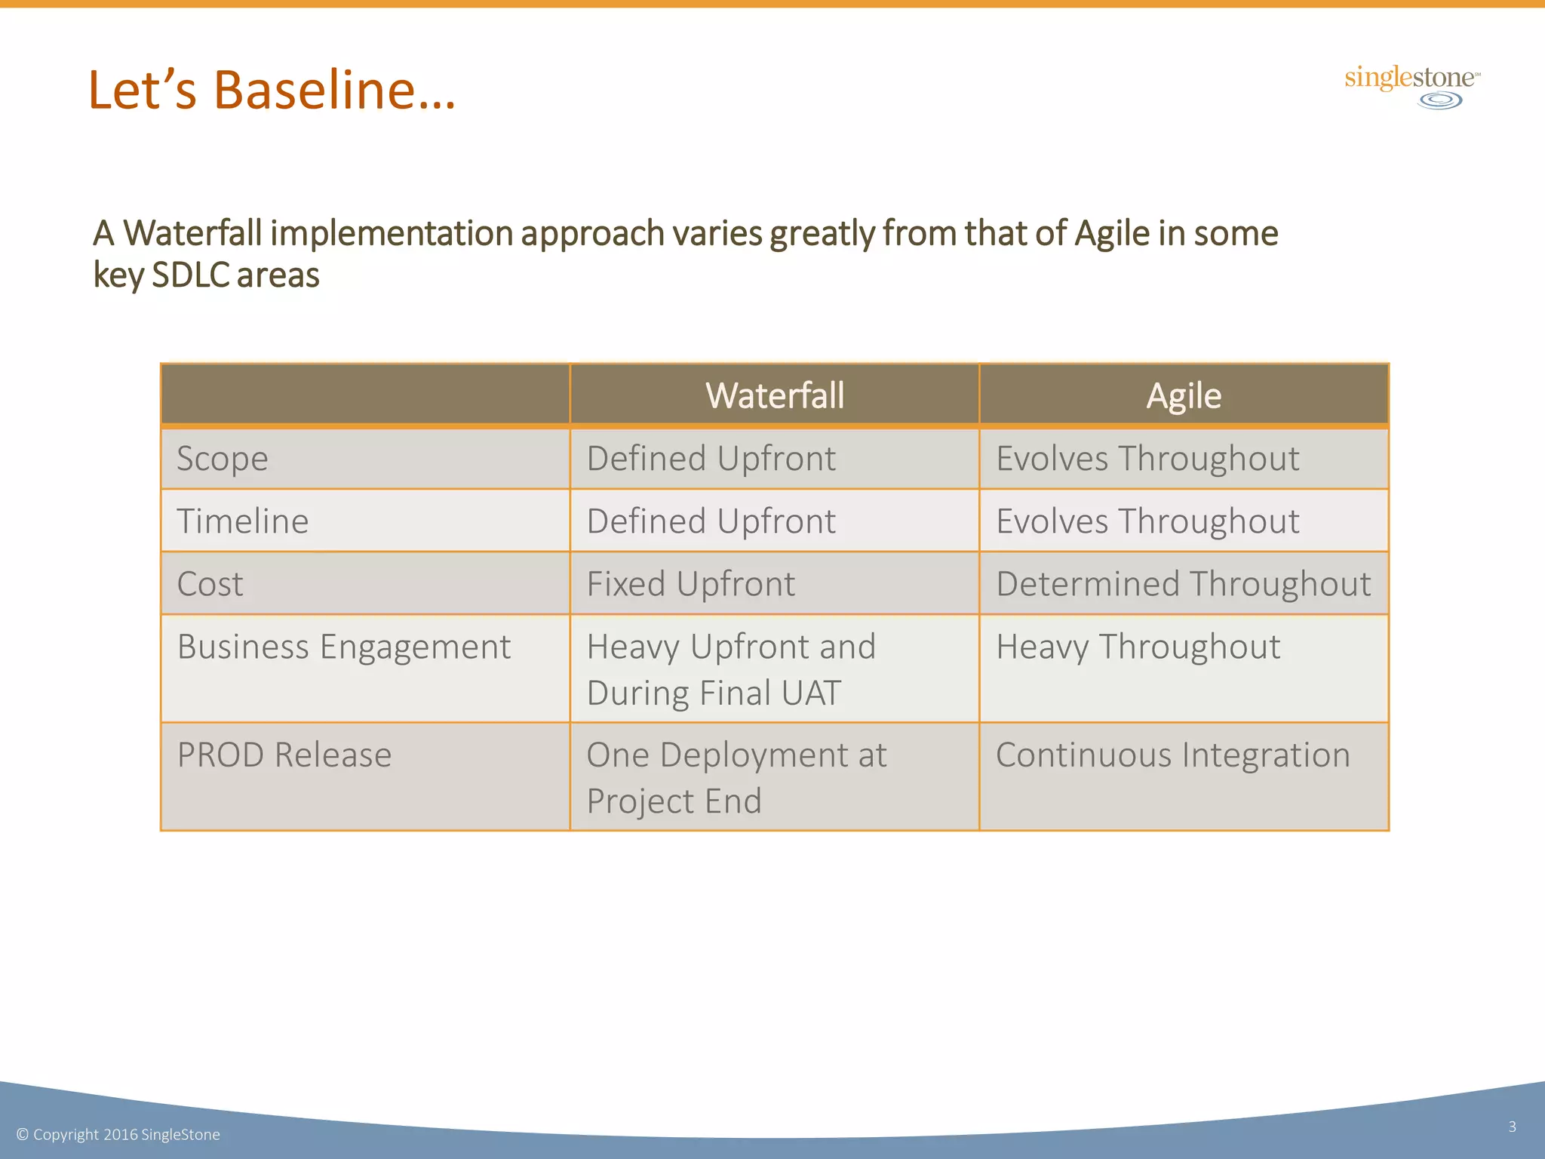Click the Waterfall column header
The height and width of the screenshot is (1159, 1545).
pos(775,395)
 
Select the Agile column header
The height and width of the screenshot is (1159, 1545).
pos(1184,395)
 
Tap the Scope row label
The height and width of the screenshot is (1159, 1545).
pos(223,459)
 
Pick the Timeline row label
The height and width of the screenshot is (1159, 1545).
pos(243,521)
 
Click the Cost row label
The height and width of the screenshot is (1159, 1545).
pos(210,584)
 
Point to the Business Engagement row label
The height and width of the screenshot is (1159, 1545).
pos(344,647)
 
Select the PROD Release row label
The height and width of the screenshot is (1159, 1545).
pos(284,755)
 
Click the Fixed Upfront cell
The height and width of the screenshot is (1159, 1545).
pos(691,584)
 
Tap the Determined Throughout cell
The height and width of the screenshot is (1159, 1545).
pos(1183,584)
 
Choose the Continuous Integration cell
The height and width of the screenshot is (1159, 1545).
pos(1172,755)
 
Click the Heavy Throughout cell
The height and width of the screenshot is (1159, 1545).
pos(1138,647)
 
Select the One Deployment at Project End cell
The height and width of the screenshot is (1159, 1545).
pos(736,777)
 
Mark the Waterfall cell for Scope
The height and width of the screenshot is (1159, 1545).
pos(711,459)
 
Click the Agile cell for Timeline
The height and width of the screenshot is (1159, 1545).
pos(1147,521)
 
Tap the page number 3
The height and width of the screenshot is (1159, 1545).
pos(1512,1127)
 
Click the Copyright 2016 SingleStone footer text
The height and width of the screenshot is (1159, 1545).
pos(118,1135)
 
